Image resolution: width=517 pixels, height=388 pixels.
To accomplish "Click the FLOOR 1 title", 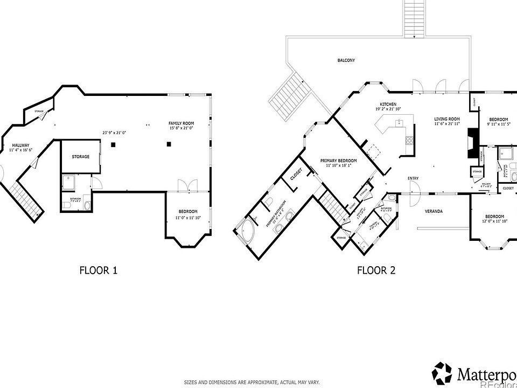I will pos(98,270).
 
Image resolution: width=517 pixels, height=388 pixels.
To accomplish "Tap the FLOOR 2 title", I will pos(376,270).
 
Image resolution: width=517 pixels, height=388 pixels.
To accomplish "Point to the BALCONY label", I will pos(346,60).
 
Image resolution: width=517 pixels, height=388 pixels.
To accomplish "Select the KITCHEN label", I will pos(388,104).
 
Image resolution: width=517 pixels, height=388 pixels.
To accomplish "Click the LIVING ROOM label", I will pos(447,119).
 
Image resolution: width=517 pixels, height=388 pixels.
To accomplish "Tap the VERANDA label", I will pos(434,211).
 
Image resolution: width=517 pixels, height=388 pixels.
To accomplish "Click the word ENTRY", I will pos(413,179).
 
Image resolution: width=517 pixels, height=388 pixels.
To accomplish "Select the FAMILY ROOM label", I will pos(181,123).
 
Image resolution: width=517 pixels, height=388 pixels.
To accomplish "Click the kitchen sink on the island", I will pos(399,123).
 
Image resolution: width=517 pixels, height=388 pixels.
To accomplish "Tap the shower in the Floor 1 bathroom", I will pos(68,183).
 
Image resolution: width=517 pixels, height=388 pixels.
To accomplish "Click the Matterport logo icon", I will pos(442,372).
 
